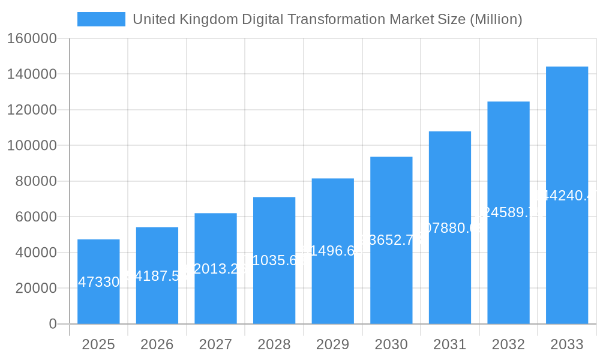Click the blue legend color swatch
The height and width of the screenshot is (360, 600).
click(x=101, y=19)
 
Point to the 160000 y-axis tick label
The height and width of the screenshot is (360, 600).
click(x=32, y=39)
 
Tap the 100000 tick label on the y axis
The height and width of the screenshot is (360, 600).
click(x=32, y=146)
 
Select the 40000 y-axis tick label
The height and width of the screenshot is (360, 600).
click(x=35, y=253)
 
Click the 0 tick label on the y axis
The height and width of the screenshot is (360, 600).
click(x=53, y=324)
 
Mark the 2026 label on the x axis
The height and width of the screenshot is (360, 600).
click(x=157, y=345)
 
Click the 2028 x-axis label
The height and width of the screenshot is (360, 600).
click(x=274, y=345)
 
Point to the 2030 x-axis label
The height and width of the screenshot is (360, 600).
click(x=391, y=345)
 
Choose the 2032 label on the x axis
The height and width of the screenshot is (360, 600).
click(x=508, y=345)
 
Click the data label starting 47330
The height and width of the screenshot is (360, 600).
click(x=99, y=282)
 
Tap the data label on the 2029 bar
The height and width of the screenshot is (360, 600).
click(x=332, y=251)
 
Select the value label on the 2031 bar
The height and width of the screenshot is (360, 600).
click(x=449, y=228)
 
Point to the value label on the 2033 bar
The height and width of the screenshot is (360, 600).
click(x=566, y=196)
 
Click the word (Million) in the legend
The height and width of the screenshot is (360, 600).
click(x=496, y=19)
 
